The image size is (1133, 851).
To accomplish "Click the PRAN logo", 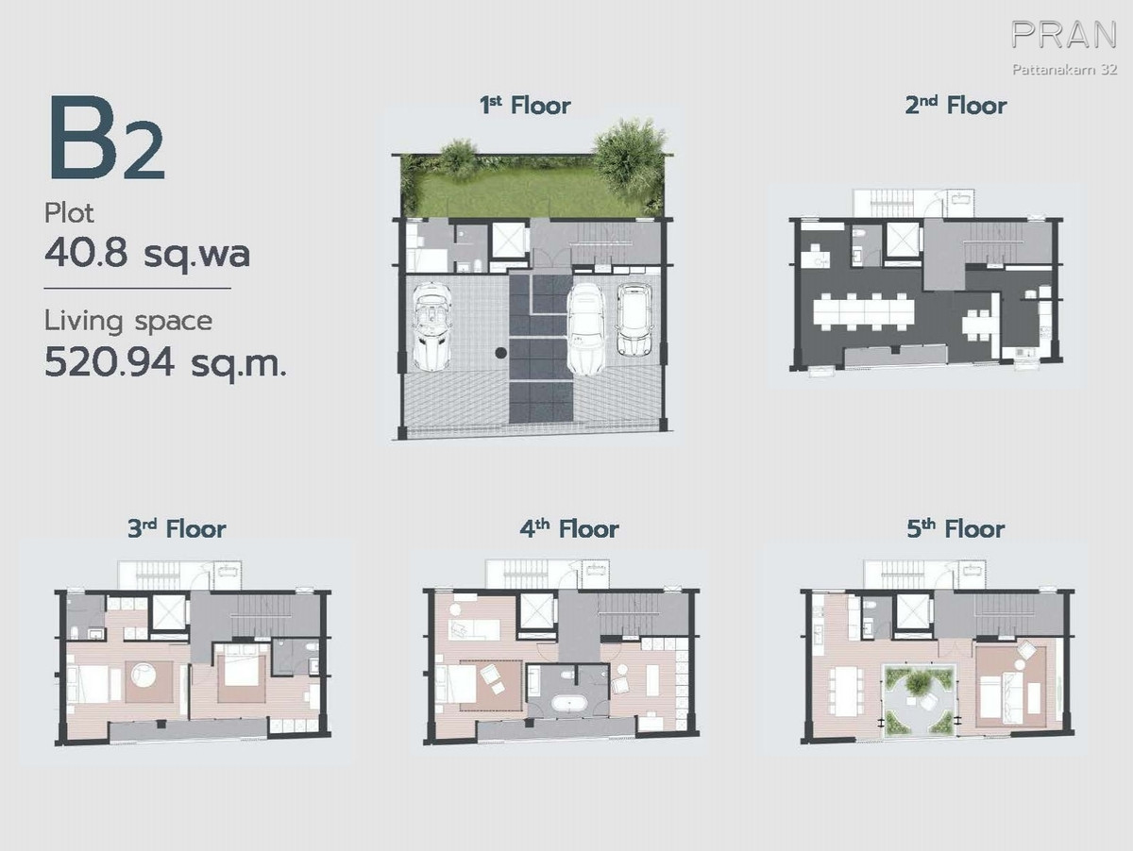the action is coord(1063,35).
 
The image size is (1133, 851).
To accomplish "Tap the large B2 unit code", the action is coord(107,138).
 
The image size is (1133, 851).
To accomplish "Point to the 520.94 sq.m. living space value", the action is coord(165,363).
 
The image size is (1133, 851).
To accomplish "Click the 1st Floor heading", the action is coord(525,106).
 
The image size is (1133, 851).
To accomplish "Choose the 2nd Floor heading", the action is coord(955,106).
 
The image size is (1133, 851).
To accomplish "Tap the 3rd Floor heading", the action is coord(178,529).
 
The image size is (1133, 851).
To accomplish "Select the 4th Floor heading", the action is coord(569,529).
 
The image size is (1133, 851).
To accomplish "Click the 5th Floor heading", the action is coord(955,529).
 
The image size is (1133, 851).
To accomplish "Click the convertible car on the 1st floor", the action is coord(432,325).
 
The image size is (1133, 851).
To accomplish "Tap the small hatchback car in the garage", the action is coord(634,319).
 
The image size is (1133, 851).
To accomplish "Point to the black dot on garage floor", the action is coord(500,353).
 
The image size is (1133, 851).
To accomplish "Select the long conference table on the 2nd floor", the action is coord(864,312).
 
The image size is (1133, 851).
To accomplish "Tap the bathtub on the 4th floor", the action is coord(567,705).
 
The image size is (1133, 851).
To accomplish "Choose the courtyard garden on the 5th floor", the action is coord(919,700).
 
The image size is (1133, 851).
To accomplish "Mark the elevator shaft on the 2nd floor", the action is coord(903,240).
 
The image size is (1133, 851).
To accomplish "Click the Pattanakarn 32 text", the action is coord(1064,69).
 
